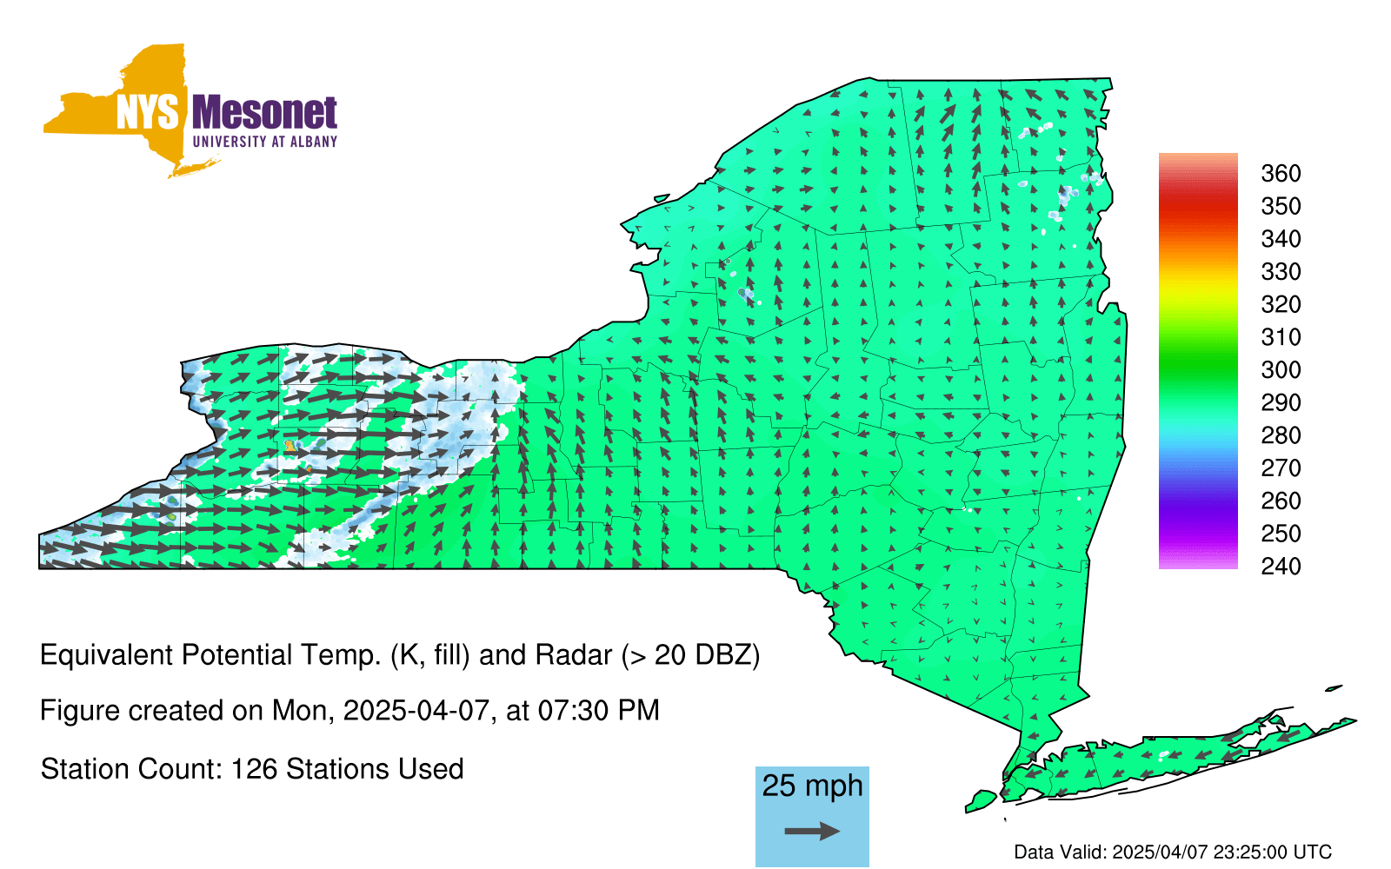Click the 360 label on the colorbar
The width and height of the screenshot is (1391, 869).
coord(1281,173)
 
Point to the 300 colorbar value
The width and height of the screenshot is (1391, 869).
coord(1281,370)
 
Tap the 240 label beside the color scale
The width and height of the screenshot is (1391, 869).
coord(1281,566)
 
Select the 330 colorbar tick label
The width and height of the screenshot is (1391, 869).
coord(1281,272)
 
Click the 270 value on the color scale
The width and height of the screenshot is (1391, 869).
coord(1281,468)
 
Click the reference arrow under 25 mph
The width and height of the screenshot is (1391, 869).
coord(812,831)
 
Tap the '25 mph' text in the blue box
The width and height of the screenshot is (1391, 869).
coord(812,786)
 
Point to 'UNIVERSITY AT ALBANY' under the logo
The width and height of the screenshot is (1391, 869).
coord(265,142)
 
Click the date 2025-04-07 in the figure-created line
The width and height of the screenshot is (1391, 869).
coord(416,710)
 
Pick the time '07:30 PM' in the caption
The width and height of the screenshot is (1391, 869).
coord(598,710)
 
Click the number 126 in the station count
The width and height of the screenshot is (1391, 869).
coord(253,769)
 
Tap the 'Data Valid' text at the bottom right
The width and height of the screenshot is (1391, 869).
coord(1061,852)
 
